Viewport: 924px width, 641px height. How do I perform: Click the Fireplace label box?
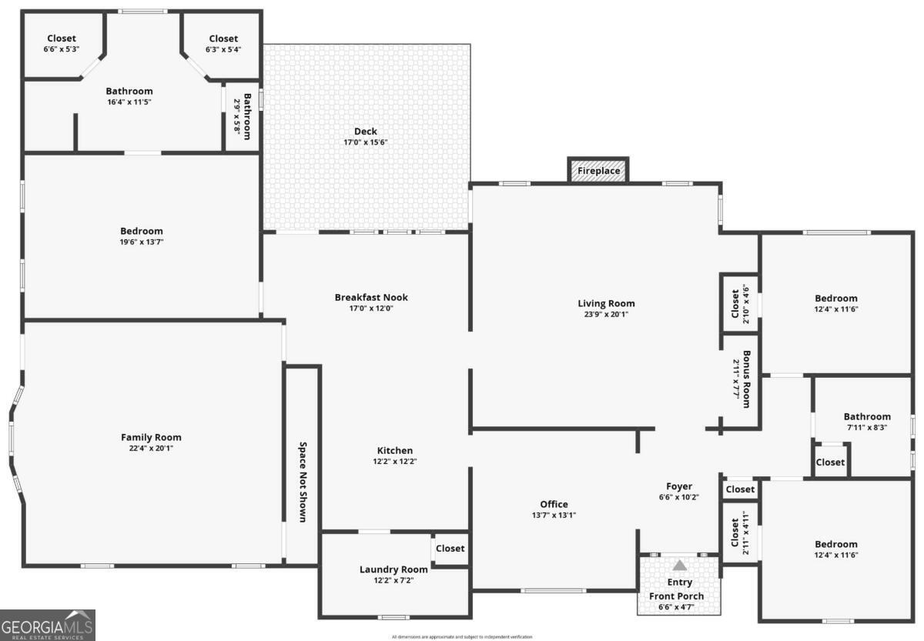point(598,171)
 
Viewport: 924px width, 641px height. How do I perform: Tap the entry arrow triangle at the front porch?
point(679,566)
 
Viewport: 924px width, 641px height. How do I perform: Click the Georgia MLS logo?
point(47,625)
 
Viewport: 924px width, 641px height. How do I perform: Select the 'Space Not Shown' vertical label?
point(303,482)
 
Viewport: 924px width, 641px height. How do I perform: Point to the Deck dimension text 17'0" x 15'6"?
point(365,142)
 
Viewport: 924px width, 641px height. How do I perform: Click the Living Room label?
point(606,303)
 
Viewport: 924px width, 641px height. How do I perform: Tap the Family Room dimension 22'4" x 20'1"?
point(151,448)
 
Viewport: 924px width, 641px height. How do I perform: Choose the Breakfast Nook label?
point(371,297)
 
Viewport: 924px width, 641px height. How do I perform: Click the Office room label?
point(554,505)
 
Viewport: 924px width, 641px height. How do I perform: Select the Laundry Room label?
point(393,569)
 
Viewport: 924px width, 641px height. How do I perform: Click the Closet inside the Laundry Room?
point(450,549)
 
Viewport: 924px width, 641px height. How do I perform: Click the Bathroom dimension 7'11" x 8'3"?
point(866,427)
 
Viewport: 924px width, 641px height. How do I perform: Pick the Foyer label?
point(678,486)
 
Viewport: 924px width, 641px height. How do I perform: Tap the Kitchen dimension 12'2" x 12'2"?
point(394,462)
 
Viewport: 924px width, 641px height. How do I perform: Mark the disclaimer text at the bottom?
point(461,636)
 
